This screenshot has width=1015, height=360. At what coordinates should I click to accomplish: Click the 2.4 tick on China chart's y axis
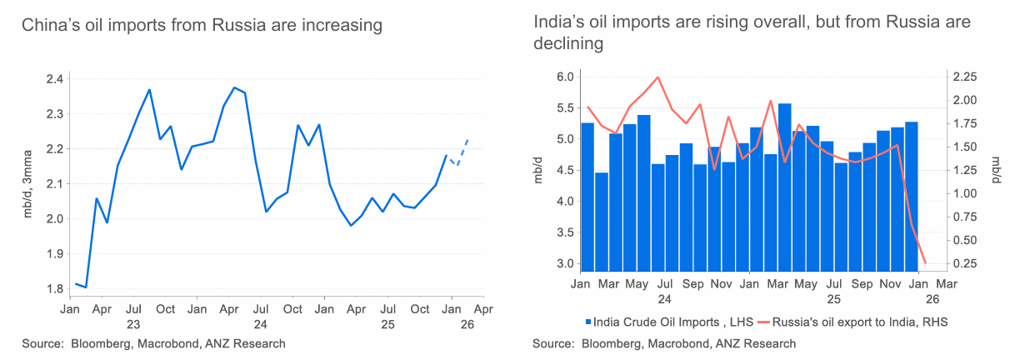coord(54,79)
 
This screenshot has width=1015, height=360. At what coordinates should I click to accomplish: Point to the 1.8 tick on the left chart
coord(54,289)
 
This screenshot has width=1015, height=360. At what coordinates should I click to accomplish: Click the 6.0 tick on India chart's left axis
coord(564,77)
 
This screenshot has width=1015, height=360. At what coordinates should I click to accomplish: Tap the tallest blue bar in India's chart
coord(784,183)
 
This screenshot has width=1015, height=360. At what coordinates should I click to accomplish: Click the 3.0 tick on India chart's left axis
coord(564,264)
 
